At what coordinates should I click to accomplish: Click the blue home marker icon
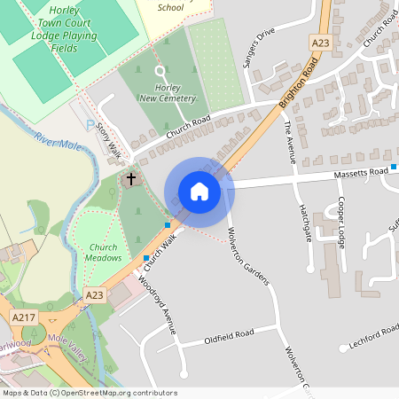pyautogui.click(x=199, y=192)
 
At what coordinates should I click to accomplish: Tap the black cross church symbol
pyautogui.click(x=131, y=179)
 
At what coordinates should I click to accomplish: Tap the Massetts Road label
pyautogui.click(x=362, y=173)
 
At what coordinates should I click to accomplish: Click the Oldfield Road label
pyautogui.click(x=229, y=335)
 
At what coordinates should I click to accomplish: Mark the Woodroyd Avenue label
pyautogui.click(x=155, y=304)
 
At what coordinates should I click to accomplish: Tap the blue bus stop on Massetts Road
pyautogui.click(x=394, y=167)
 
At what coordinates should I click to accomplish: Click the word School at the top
pyautogui.click(x=170, y=7)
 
